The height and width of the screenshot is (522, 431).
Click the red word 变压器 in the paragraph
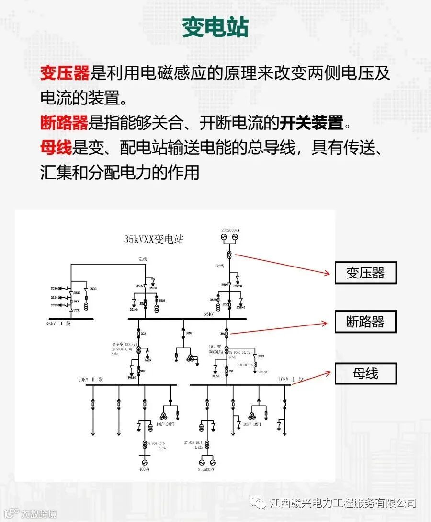pyautogui.click(x=65, y=73)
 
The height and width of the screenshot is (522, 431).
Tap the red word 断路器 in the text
pyautogui.click(x=65, y=123)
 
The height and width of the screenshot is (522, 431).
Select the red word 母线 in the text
pyautogui.click(x=57, y=148)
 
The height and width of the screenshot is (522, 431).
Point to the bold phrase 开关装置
pyautogui.click(x=312, y=123)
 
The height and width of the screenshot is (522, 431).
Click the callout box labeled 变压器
pyautogui.click(x=365, y=273)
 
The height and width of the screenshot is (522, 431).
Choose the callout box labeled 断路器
pyautogui.click(x=365, y=322)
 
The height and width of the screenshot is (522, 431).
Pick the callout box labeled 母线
pyautogui.click(x=365, y=373)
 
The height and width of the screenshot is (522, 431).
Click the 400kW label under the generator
pyautogui.click(x=144, y=468)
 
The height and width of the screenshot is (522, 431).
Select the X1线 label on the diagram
pyautogui.click(x=143, y=259)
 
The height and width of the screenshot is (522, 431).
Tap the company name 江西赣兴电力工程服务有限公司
pyautogui.click(x=342, y=503)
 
